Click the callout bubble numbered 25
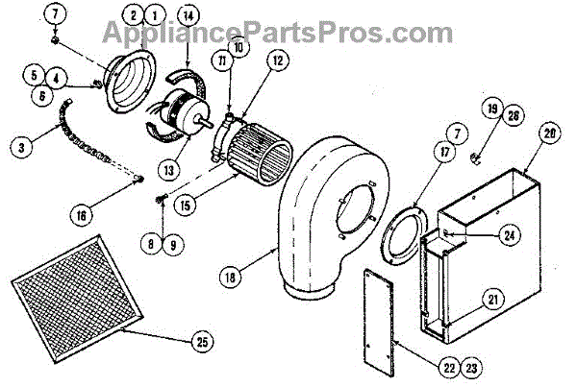pyautogui.click(x=200, y=341)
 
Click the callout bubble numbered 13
pyautogui.click(x=169, y=169)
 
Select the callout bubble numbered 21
pyautogui.click(x=492, y=300)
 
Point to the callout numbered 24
pyautogui.click(x=508, y=232)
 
